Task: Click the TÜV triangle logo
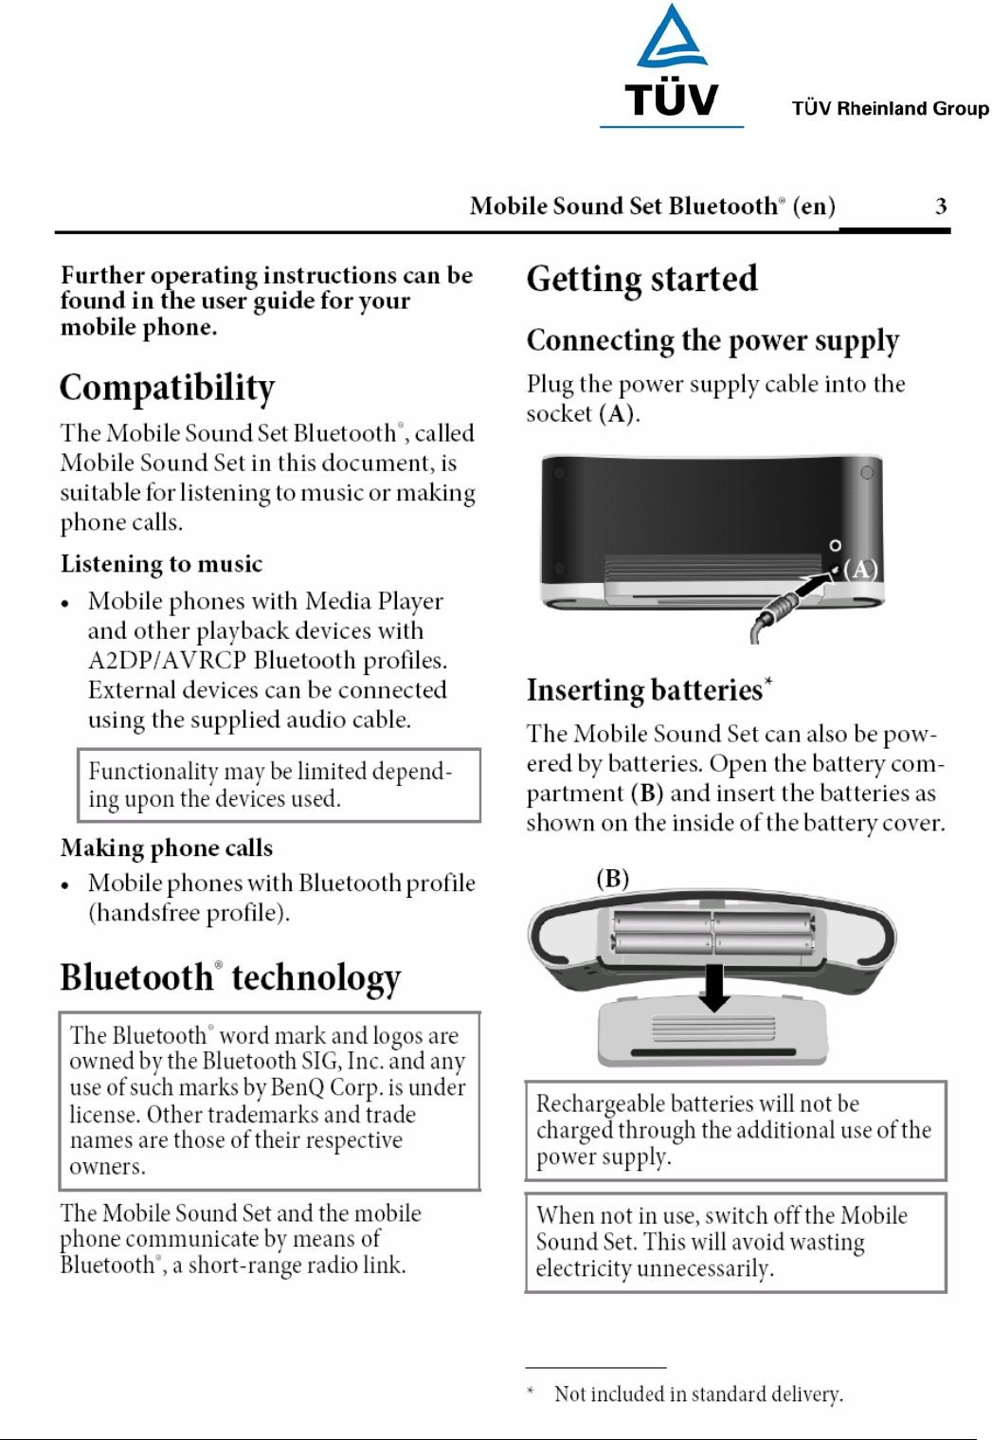click(x=671, y=40)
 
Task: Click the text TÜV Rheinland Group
click(x=890, y=108)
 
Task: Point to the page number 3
click(x=940, y=207)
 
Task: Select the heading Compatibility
click(x=168, y=388)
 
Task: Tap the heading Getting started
click(x=641, y=279)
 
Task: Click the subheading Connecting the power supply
click(x=712, y=340)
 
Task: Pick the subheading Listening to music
click(x=161, y=564)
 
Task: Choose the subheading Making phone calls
click(x=167, y=848)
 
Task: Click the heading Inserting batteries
click(x=645, y=690)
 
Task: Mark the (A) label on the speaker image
click(x=860, y=569)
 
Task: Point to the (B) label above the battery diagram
click(x=612, y=878)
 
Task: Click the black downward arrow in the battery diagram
click(x=714, y=987)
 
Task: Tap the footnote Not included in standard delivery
click(x=698, y=1394)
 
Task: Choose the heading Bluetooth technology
click(x=230, y=977)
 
